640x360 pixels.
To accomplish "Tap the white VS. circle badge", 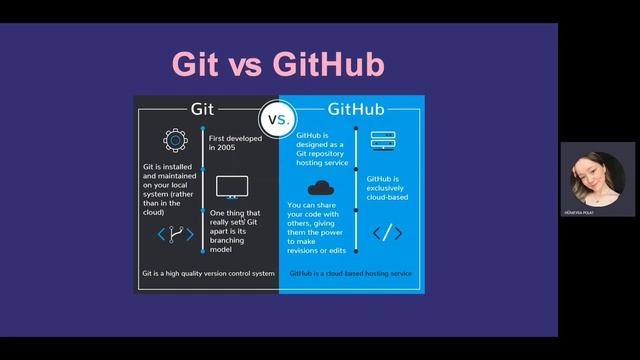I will click(x=278, y=118).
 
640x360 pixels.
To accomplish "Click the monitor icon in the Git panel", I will click(x=232, y=186).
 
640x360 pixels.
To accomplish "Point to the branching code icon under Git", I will click(x=176, y=235).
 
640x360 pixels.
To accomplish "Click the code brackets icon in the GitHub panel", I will click(x=387, y=233).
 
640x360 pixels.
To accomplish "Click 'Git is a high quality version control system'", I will click(x=207, y=272).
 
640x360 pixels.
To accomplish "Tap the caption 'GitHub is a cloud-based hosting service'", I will click(x=350, y=272).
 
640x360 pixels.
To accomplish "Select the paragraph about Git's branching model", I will click(x=234, y=227).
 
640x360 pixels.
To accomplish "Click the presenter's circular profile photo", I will click(x=597, y=176).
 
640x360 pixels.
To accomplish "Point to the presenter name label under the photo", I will click(x=597, y=212).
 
